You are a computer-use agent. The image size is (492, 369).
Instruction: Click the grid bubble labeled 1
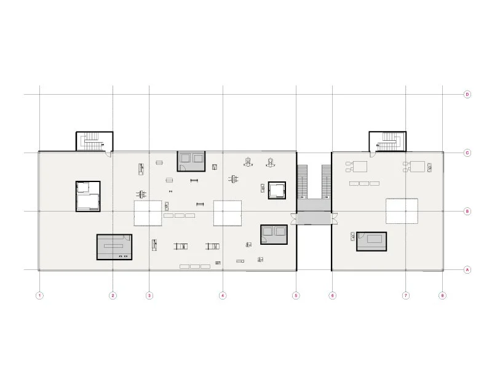pyautogui.click(x=39, y=296)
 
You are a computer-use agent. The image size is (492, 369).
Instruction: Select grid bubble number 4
pyautogui.click(x=223, y=296)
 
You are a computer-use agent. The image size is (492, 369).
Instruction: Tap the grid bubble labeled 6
pyautogui.click(x=332, y=296)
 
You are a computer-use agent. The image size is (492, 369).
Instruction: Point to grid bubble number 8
pyautogui.click(x=442, y=296)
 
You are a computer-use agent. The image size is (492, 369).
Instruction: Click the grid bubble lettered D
pyautogui.click(x=467, y=94)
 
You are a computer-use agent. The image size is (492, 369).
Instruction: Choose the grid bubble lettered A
pyautogui.click(x=467, y=270)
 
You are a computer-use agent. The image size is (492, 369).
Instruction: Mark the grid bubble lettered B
pyautogui.click(x=467, y=212)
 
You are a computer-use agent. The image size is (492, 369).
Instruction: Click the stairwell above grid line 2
pyautogui.click(x=94, y=141)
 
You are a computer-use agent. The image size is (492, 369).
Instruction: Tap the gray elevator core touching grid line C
pyautogui.click(x=191, y=161)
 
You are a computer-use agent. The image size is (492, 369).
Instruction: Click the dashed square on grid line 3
pyautogui.click(x=148, y=213)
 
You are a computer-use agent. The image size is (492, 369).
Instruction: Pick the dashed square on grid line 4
pyautogui.click(x=227, y=213)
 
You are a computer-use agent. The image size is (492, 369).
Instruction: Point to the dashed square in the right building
pyautogui.click(x=402, y=211)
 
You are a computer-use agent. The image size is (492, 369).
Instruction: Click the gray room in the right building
pyautogui.click(x=371, y=242)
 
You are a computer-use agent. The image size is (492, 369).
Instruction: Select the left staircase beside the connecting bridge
pyautogui.click(x=302, y=181)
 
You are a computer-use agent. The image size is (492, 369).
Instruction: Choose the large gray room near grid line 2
pyautogui.click(x=114, y=247)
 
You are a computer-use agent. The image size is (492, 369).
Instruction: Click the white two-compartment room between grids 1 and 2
pyautogui.click(x=88, y=196)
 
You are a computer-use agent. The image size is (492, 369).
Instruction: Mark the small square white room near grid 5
pyautogui.click(x=278, y=190)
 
